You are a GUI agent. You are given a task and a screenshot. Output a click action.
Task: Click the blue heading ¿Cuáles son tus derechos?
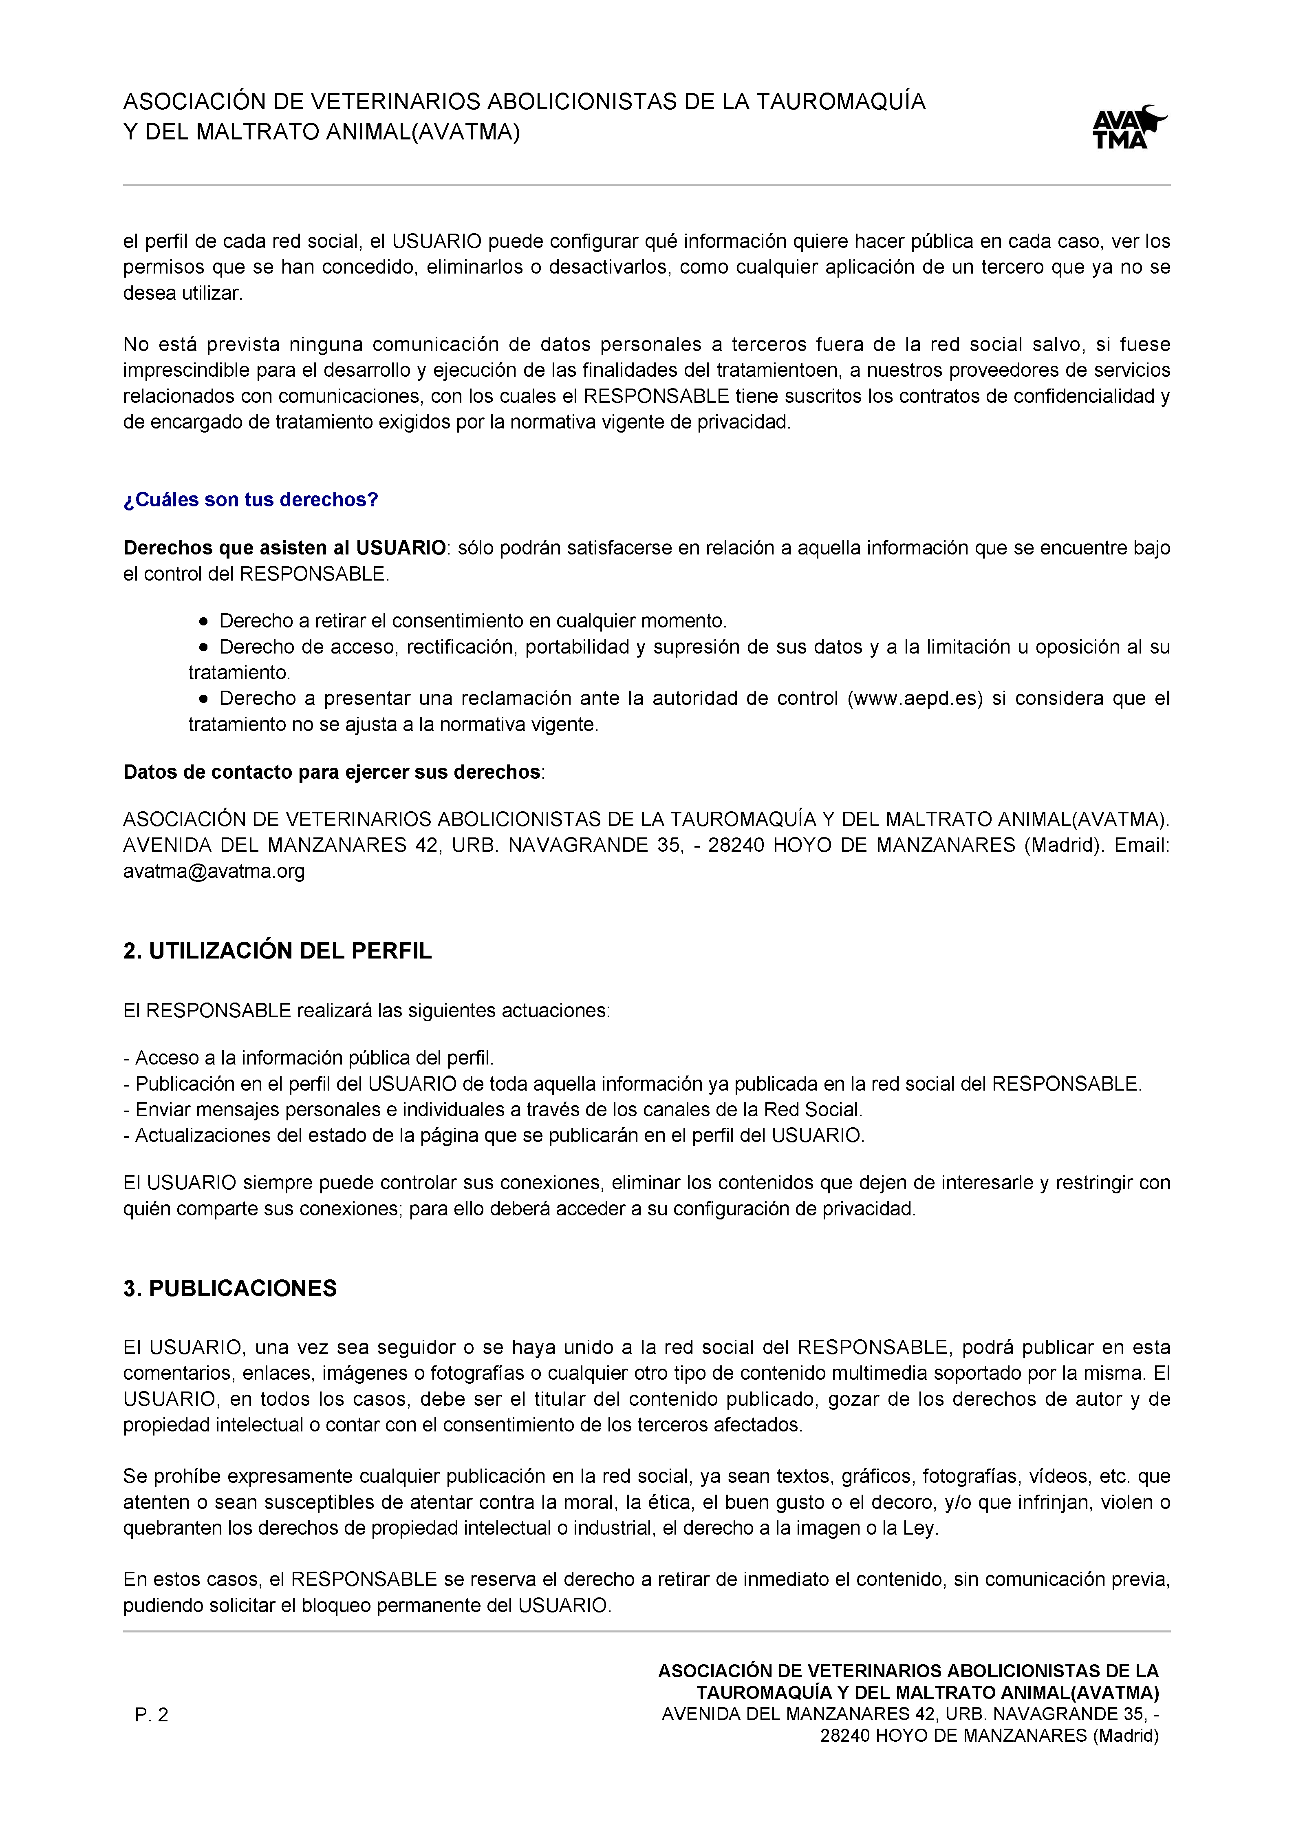[x=250, y=500]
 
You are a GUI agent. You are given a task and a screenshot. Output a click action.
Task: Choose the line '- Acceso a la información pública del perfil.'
[x=309, y=1058]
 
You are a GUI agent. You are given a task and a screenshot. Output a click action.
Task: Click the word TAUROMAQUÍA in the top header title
[x=840, y=102]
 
